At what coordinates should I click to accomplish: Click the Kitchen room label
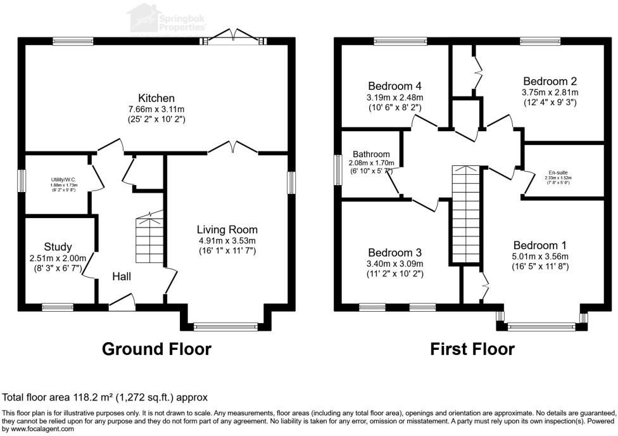point(156,98)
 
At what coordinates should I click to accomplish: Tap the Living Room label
point(227,229)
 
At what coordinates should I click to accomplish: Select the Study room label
point(58,247)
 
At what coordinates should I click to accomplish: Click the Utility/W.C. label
point(64,180)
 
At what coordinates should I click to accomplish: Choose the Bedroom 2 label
point(550,81)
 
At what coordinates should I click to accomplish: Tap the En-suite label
point(558,172)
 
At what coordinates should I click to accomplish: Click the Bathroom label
point(371,154)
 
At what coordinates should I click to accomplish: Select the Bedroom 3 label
point(395,252)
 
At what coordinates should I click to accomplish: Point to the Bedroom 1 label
point(540,245)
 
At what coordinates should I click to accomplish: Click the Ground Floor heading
point(156,349)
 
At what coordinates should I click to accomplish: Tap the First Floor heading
point(472,349)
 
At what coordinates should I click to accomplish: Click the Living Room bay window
point(227,327)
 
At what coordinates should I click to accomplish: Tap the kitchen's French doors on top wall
point(232,38)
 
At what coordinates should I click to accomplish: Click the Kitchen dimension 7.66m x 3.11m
point(156,109)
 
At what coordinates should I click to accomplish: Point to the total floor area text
point(105,397)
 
